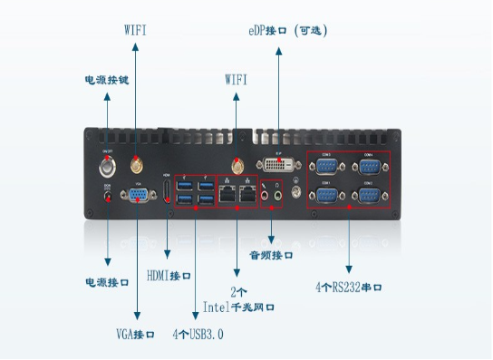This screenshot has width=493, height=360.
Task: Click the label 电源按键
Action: coord(107,80)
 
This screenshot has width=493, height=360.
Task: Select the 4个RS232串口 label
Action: coord(349,287)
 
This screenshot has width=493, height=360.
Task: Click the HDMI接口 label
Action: coord(169,276)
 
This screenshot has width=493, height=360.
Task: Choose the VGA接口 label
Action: coord(137,336)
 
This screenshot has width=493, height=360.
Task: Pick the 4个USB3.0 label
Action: coord(198,336)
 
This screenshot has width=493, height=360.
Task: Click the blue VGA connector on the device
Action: coord(139,197)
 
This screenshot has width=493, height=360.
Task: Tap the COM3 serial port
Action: coord(327,166)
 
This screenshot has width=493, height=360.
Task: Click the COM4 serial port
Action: coord(369,166)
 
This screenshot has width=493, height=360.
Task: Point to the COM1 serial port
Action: coord(327,195)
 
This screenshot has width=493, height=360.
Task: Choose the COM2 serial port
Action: coord(369,195)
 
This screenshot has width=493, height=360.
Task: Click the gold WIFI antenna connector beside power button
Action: coord(137,166)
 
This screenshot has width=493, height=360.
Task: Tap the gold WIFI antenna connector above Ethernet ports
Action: coord(237,166)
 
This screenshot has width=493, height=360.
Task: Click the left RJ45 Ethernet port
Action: coord(227,193)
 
